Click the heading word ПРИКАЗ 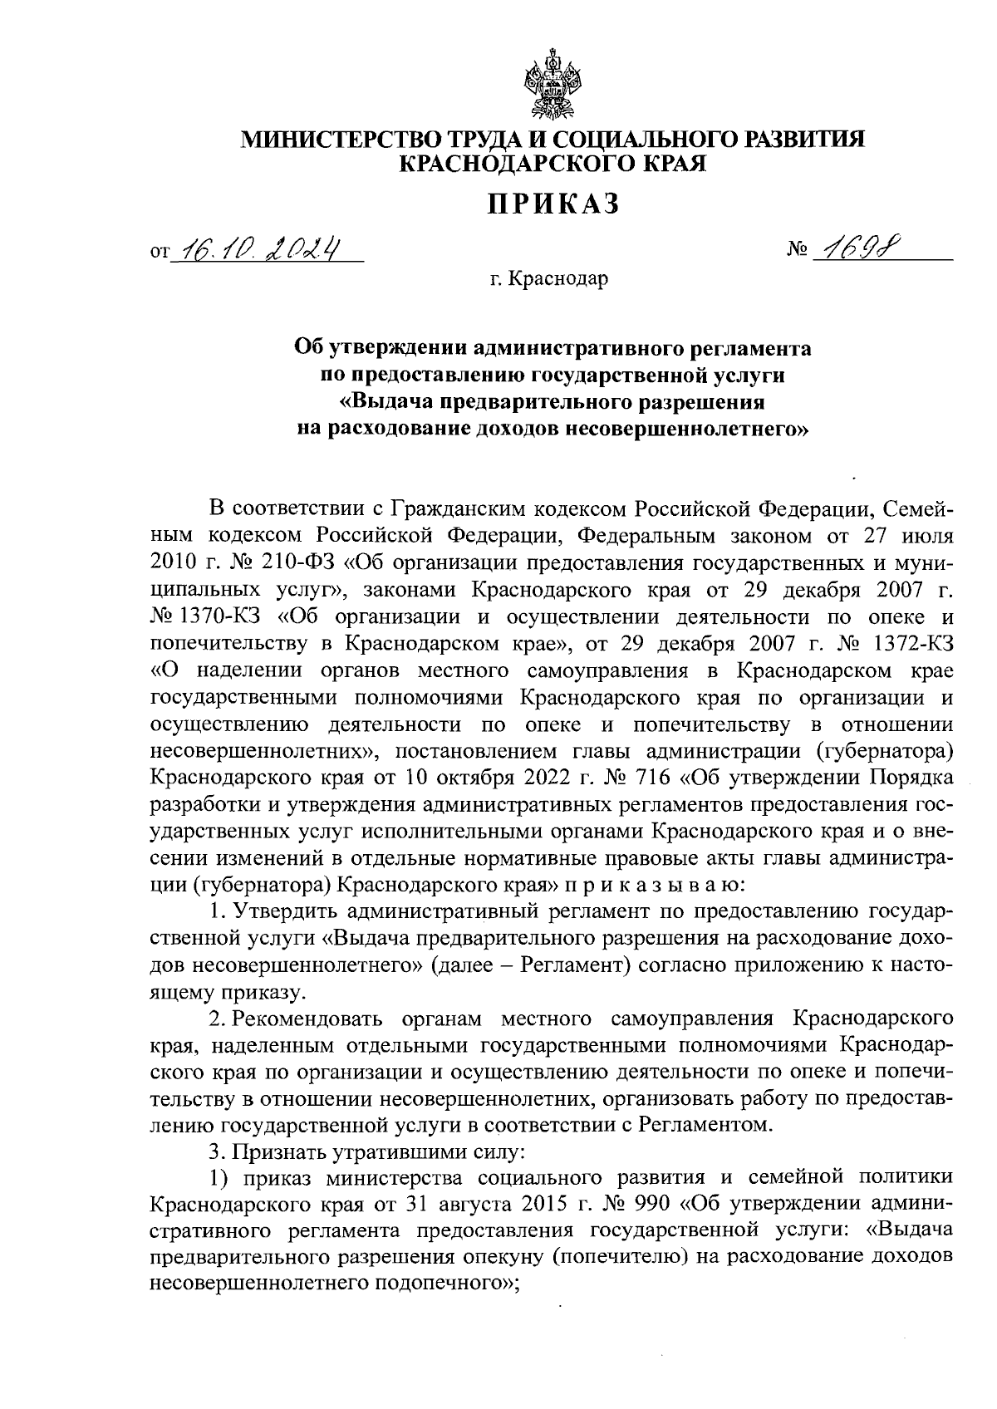point(553,204)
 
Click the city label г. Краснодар point(548,279)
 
